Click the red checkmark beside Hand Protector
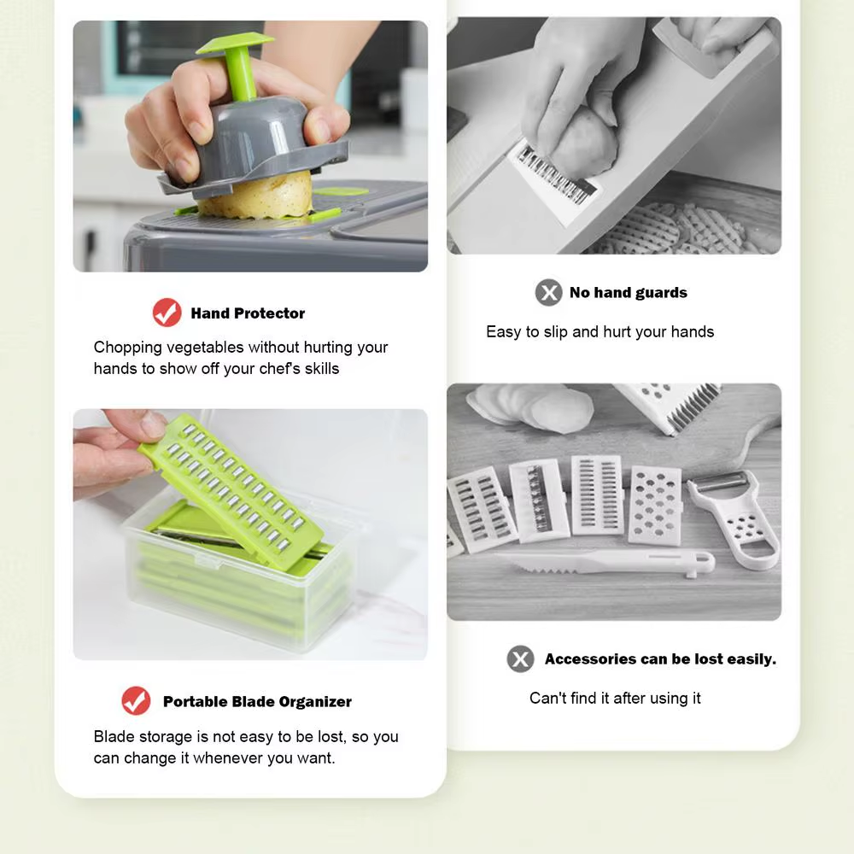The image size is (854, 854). click(167, 313)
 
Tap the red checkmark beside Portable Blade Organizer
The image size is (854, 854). click(136, 701)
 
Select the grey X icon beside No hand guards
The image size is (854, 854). click(548, 292)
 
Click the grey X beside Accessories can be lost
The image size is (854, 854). click(520, 658)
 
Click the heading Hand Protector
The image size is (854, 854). click(248, 313)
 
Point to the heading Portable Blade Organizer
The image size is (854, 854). click(257, 702)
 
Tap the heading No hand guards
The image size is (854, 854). click(628, 293)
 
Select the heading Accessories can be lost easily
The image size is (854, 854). click(660, 659)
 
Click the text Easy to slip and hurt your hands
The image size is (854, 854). click(600, 331)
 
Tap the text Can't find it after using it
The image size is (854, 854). click(615, 698)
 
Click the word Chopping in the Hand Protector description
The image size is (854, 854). click(127, 348)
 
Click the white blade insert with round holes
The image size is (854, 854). click(655, 506)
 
